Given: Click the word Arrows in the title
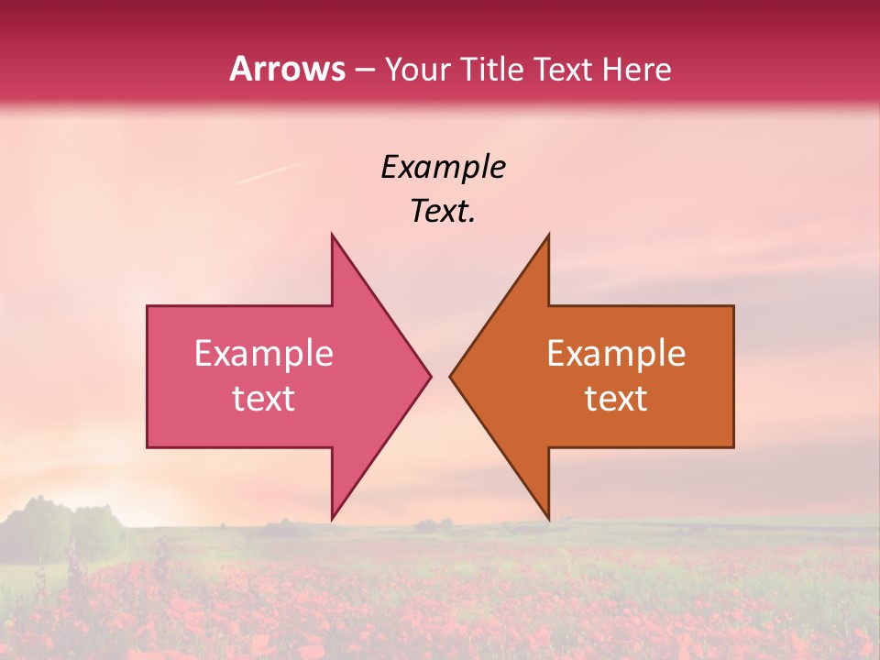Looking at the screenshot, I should [x=287, y=69].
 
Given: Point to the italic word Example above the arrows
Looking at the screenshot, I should [x=443, y=168].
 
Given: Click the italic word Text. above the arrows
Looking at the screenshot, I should [x=443, y=212].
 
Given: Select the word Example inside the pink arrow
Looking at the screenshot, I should [x=264, y=354].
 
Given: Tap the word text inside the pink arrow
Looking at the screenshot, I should [x=264, y=399].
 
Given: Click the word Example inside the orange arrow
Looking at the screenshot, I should [x=616, y=354].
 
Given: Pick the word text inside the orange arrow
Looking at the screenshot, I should [x=616, y=399].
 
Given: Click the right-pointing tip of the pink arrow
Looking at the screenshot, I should [x=429, y=376].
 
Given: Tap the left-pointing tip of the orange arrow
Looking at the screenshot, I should [x=451, y=376].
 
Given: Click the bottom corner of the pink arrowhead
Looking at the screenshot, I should [x=332, y=517].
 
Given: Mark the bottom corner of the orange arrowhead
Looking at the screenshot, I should [x=548, y=517].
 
